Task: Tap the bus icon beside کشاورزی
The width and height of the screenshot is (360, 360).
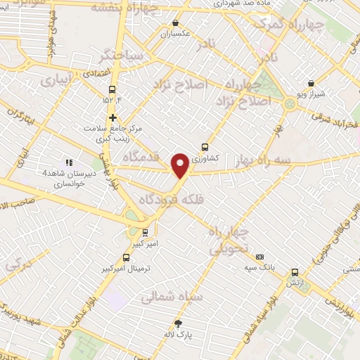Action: pyautogui.click(x=205, y=147)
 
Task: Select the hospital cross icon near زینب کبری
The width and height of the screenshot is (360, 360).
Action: pyautogui.click(x=112, y=117)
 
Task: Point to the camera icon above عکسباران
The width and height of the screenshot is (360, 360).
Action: pyautogui.click(x=175, y=22)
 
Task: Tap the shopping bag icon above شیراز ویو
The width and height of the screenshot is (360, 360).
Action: pyautogui.click(x=311, y=83)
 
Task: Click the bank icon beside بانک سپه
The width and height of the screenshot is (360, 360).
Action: pyautogui.click(x=260, y=257)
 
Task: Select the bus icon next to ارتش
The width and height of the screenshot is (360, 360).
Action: pyautogui.click(x=294, y=272)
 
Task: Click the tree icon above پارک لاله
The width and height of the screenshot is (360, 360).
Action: pyautogui.click(x=178, y=323)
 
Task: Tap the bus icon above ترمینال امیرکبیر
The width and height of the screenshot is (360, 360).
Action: pyautogui.click(x=127, y=257)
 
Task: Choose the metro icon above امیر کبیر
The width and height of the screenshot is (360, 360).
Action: pyautogui.click(x=146, y=232)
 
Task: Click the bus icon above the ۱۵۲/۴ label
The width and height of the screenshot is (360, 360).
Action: pyautogui.click(x=112, y=89)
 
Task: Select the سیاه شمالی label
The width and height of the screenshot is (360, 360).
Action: pyautogui.click(x=172, y=297)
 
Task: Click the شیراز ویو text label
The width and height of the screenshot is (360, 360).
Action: pyautogui.click(x=311, y=93)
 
